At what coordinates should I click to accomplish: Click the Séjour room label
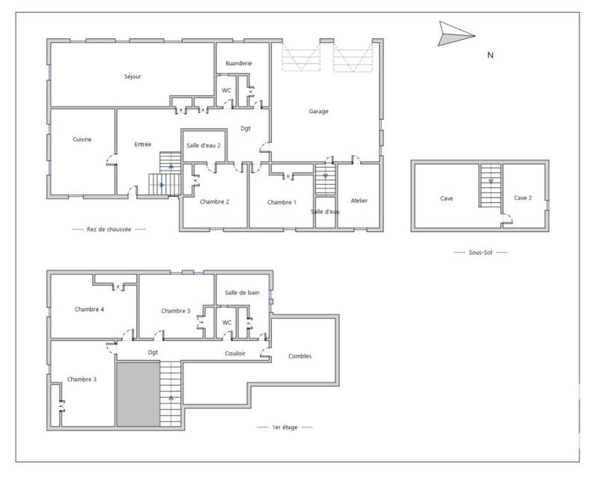133,76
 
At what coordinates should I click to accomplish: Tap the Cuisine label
82,139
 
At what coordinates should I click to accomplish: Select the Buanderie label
238,64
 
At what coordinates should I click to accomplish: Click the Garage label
319,112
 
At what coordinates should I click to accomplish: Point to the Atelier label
359,201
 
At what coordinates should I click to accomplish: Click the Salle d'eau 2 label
204,145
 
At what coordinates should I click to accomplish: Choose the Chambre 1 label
282,202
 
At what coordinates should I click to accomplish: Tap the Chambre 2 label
214,201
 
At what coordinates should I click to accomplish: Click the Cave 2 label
523,198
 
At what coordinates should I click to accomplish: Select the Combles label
299,356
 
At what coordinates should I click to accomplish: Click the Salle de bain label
243,292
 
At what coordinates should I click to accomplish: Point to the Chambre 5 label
176,311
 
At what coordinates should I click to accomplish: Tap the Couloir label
235,353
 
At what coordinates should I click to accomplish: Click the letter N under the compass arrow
490,55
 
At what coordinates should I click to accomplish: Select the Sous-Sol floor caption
481,252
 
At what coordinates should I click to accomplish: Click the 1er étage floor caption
285,427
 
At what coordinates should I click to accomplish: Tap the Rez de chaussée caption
109,230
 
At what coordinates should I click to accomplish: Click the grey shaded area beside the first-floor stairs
138,393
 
